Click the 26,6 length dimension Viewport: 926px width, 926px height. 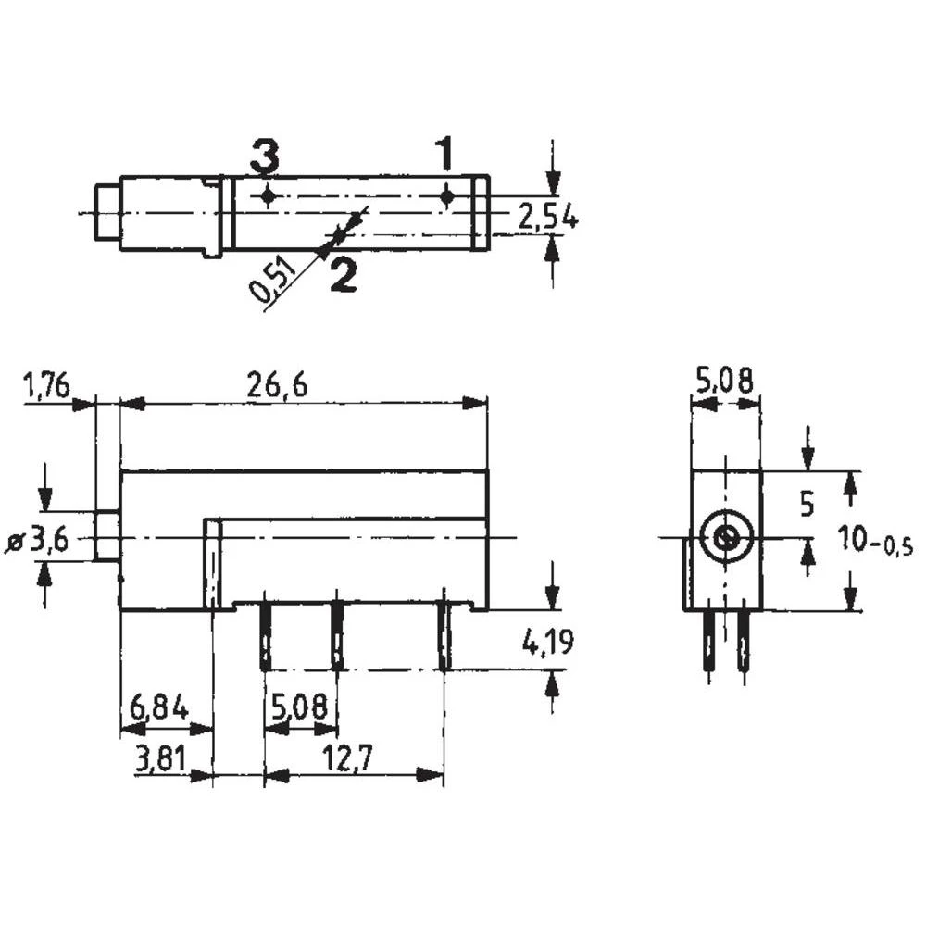277,387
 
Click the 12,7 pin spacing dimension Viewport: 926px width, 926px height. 348,759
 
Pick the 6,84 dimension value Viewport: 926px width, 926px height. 159,709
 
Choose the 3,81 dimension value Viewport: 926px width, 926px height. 159,760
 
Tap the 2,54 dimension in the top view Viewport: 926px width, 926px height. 547,219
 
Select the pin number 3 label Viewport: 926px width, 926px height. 264,158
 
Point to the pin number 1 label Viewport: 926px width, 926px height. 444,155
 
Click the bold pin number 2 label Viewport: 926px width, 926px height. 343,275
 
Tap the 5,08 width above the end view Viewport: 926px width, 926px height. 723,380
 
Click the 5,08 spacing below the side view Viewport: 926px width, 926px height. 299,709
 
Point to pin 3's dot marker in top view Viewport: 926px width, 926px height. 269,196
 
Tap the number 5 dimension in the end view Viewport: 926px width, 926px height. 807,505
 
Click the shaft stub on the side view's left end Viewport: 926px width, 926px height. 106,536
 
